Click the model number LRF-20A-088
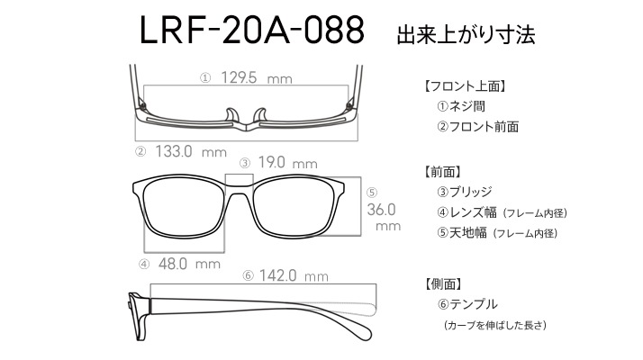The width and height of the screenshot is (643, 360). click(x=252, y=30)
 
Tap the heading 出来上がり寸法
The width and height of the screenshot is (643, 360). click(x=466, y=34)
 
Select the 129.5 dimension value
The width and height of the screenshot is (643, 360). click(x=239, y=77)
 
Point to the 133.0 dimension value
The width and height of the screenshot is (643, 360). click(x=174, y=151)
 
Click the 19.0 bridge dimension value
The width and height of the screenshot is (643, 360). click(x=271, y=162)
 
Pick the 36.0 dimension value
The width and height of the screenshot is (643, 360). click(x=381, y=210)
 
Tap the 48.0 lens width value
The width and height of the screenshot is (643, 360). click(x=173, y=264)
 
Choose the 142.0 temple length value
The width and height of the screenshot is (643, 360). click(x=277, y=275)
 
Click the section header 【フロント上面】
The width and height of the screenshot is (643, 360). click(x=464, y=86)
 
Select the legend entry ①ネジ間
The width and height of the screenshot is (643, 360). click(x=461, y=106)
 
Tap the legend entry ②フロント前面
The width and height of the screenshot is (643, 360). click(x=477, y=127)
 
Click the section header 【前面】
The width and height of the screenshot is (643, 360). click(x=441, y=172)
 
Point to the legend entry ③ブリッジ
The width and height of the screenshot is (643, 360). click(x=464, y=192)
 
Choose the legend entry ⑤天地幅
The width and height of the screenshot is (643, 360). click(x=462, y=233)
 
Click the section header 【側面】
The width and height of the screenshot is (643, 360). click(x=442, y=283)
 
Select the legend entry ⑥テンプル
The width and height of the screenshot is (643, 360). click(x=467, y=304)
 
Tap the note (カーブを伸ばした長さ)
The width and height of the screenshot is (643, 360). click(x=495, y=325)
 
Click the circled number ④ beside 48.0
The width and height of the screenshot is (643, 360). click(x=144, y=265)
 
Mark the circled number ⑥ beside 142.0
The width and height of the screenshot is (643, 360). click(x=248, y=275)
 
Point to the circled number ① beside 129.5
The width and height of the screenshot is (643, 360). click(x=205, y=78)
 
